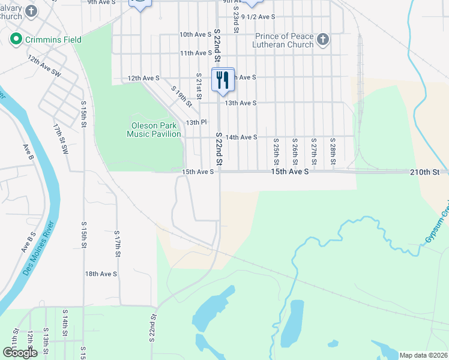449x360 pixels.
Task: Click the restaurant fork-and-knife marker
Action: (x=223, y=79)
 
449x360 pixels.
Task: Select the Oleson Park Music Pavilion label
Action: (x=154, y=130)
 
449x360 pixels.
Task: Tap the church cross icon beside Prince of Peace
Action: (x=323, y=40)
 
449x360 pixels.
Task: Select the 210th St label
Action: (x=425, y=172)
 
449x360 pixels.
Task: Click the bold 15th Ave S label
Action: (x=289, y=172)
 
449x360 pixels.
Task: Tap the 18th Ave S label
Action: (x=101, y=274)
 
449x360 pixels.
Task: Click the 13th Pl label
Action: (x=196, y=122)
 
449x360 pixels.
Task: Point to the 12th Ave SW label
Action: (x=44, y=66)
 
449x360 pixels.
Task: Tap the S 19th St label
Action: (x=181, y=97)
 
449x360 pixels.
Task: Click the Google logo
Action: (x=20, y=353)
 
